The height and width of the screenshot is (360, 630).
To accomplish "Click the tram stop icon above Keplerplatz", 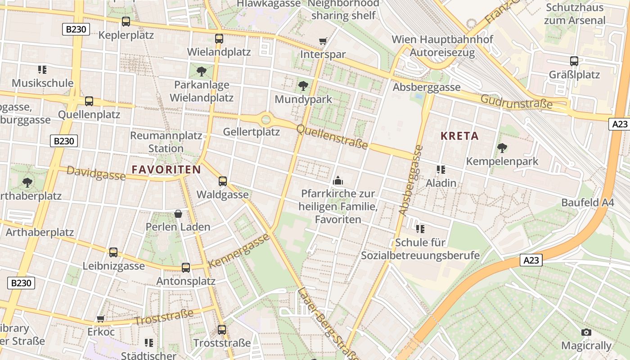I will pyautogui.click(x=126, y=21).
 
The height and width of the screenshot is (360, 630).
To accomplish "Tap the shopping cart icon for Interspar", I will pyautogui.click(x=323, y=41).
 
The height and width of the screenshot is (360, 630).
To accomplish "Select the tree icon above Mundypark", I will pyautogui.click(x=303, y=85).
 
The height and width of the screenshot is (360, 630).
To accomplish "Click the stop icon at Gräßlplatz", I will pyautogui.click(x=574, y=61).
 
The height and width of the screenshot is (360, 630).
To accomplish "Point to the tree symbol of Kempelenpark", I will pyautogui.click(x=502, y=148).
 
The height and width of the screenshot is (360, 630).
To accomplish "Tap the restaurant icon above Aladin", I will pyautogui.click(x=441, y=170).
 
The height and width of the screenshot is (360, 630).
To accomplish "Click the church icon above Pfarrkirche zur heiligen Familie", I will pyautogui.click(x=337, y=180).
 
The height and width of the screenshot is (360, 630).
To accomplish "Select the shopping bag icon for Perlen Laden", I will pyautogui.click(x=178, y=213).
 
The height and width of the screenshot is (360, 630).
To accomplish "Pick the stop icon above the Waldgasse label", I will pyautogui.click(x=222, y=181).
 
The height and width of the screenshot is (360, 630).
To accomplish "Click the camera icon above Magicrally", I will pyautogui.click(x=586, y=332).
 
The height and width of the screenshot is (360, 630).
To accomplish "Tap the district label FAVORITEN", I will pyautogui.click(x=166, y=170).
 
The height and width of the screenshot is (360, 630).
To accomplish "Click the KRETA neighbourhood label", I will pyautogui.click(x=459, y=136).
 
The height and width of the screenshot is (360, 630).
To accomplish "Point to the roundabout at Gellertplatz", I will pyautogui.click(x=266, y=119).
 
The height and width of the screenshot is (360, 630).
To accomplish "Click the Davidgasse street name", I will pyautogui.click(x=96, y=172).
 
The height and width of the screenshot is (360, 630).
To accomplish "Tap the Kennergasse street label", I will pyautogui.click(x=239, y=251).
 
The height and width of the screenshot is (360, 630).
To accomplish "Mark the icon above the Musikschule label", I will pyautogui.click(x=42, y=69).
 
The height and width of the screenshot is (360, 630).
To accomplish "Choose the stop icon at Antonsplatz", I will pyautogui.click(x=185, y=268).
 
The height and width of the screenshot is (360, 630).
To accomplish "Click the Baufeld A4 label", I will pyautogui.click(x=587, y=202).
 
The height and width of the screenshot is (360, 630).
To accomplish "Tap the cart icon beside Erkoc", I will pyautogui.click(x=101, y=319).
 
